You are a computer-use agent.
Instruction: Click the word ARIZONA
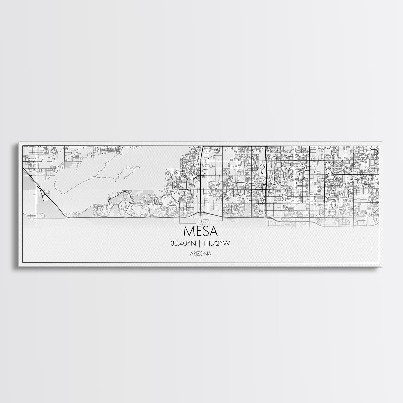pyautogui.click(x=201, y=253)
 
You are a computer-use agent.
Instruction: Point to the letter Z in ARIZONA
pyautogui.click(x=201, y=253)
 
